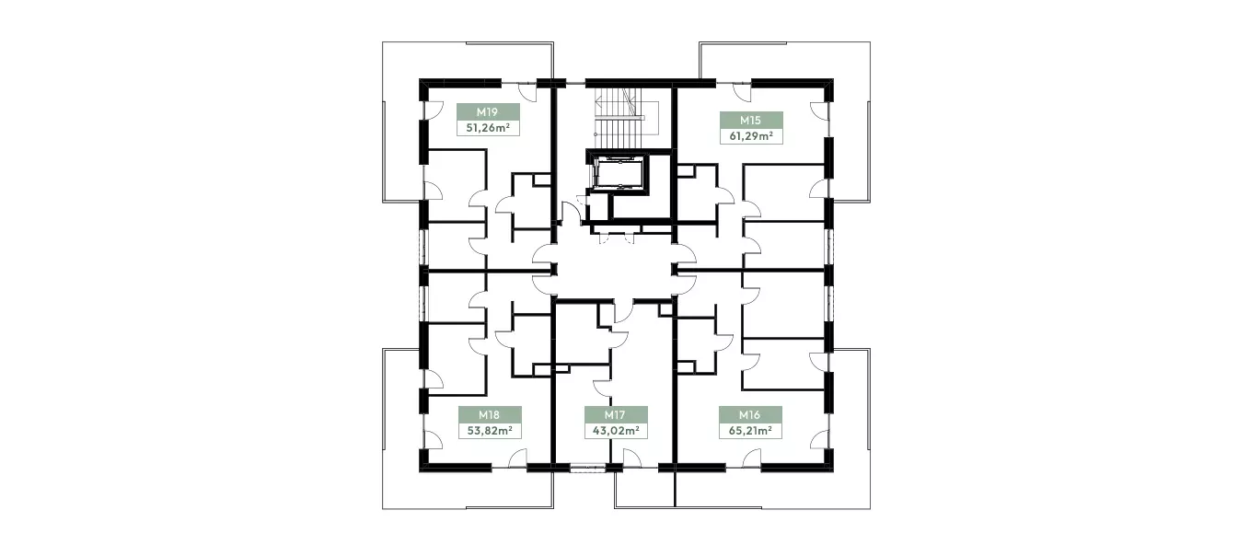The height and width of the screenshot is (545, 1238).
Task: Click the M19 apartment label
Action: [488, 111]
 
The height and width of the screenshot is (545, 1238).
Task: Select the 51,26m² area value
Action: [488, 128]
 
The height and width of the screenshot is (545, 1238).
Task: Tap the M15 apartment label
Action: [750, 120]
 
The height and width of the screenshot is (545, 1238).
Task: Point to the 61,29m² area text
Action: [750, 136]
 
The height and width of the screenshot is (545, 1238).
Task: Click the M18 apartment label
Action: [489, 414]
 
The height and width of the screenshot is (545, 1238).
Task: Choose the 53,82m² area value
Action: [489, 431]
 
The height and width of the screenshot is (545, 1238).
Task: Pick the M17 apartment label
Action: [615, 414]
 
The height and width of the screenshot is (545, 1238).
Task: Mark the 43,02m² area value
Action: [616, 431]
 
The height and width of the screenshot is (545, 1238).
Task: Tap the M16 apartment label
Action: [749, 414]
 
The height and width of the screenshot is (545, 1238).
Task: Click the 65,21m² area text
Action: [750, 431]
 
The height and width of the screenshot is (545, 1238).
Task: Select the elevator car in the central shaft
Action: [619, 173]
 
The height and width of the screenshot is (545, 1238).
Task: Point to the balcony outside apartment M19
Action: [401, 122]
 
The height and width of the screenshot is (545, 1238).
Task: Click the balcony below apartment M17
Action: [644, 490]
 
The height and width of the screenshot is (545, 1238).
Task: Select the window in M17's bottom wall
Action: [588, 468]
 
